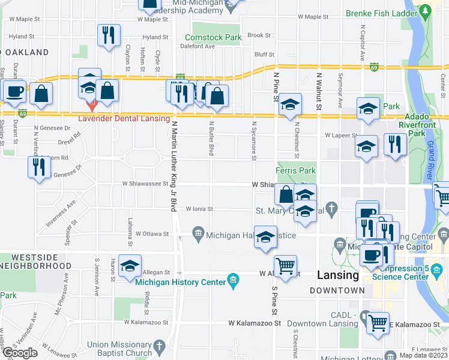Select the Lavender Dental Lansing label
point(124,118)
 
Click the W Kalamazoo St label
point(255,323)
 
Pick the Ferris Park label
point(296,171)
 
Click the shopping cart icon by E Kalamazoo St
point(378,323)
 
